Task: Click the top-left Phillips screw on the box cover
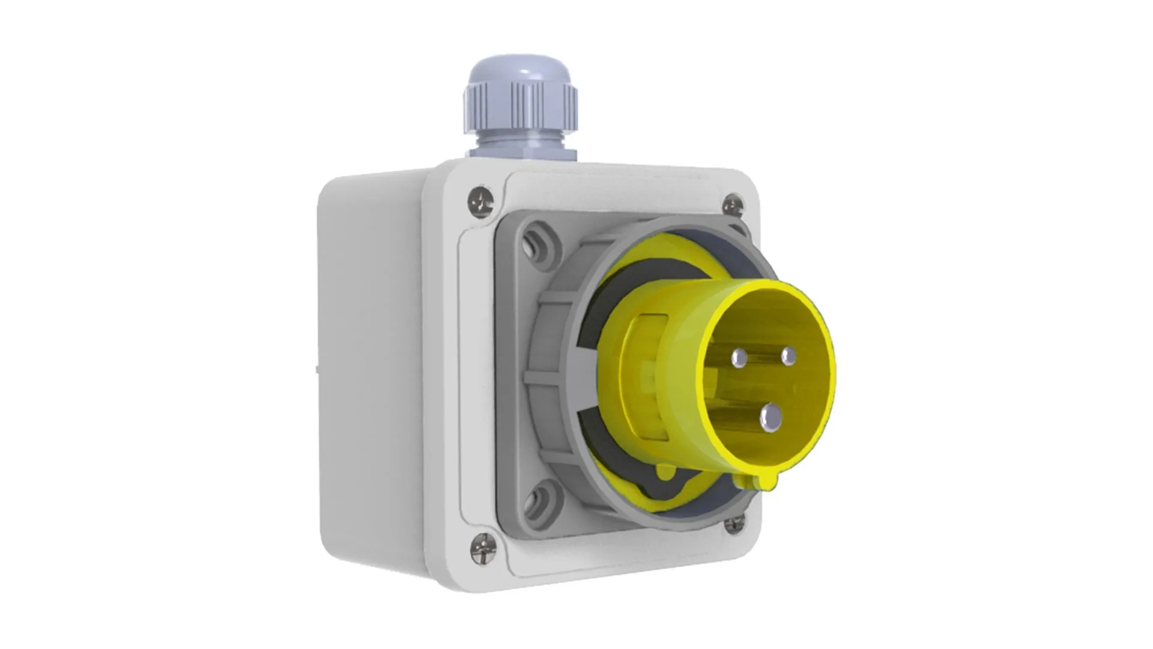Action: tap(480, 201)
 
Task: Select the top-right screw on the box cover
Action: tap(733, 206)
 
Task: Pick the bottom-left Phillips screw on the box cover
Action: tap(483, 549)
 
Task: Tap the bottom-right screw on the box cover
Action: tap(734, 523)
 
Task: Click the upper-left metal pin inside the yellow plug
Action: tap(739, 359)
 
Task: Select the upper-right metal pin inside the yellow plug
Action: tap(788, 356)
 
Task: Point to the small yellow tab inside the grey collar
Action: tap(665, 472)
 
